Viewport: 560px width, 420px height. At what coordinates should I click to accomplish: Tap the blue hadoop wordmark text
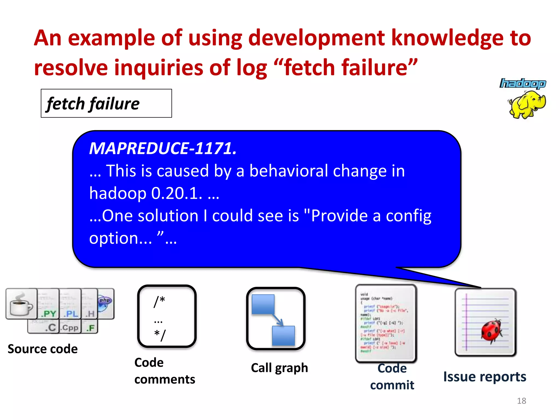(x=523, y=83)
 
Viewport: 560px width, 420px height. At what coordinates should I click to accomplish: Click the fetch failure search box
(x=106, y=103)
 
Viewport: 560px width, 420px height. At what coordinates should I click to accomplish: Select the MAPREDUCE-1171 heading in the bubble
(x=163, y=148)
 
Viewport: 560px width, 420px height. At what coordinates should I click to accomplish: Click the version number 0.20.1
(x=176, y=194)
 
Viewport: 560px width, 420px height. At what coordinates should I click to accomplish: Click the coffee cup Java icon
(x=21, y=304)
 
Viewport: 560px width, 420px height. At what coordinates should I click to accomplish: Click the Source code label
(x=43, y=349)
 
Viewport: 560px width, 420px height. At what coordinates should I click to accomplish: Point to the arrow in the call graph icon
(x=277, y=320)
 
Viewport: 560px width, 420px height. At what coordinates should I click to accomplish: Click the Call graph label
(x=279, y=368)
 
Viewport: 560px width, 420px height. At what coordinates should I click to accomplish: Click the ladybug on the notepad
(x=492, y=330)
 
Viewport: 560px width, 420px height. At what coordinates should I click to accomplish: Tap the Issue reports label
(x=485, y=377)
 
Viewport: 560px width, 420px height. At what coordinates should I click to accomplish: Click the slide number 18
(x=521, y=401)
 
